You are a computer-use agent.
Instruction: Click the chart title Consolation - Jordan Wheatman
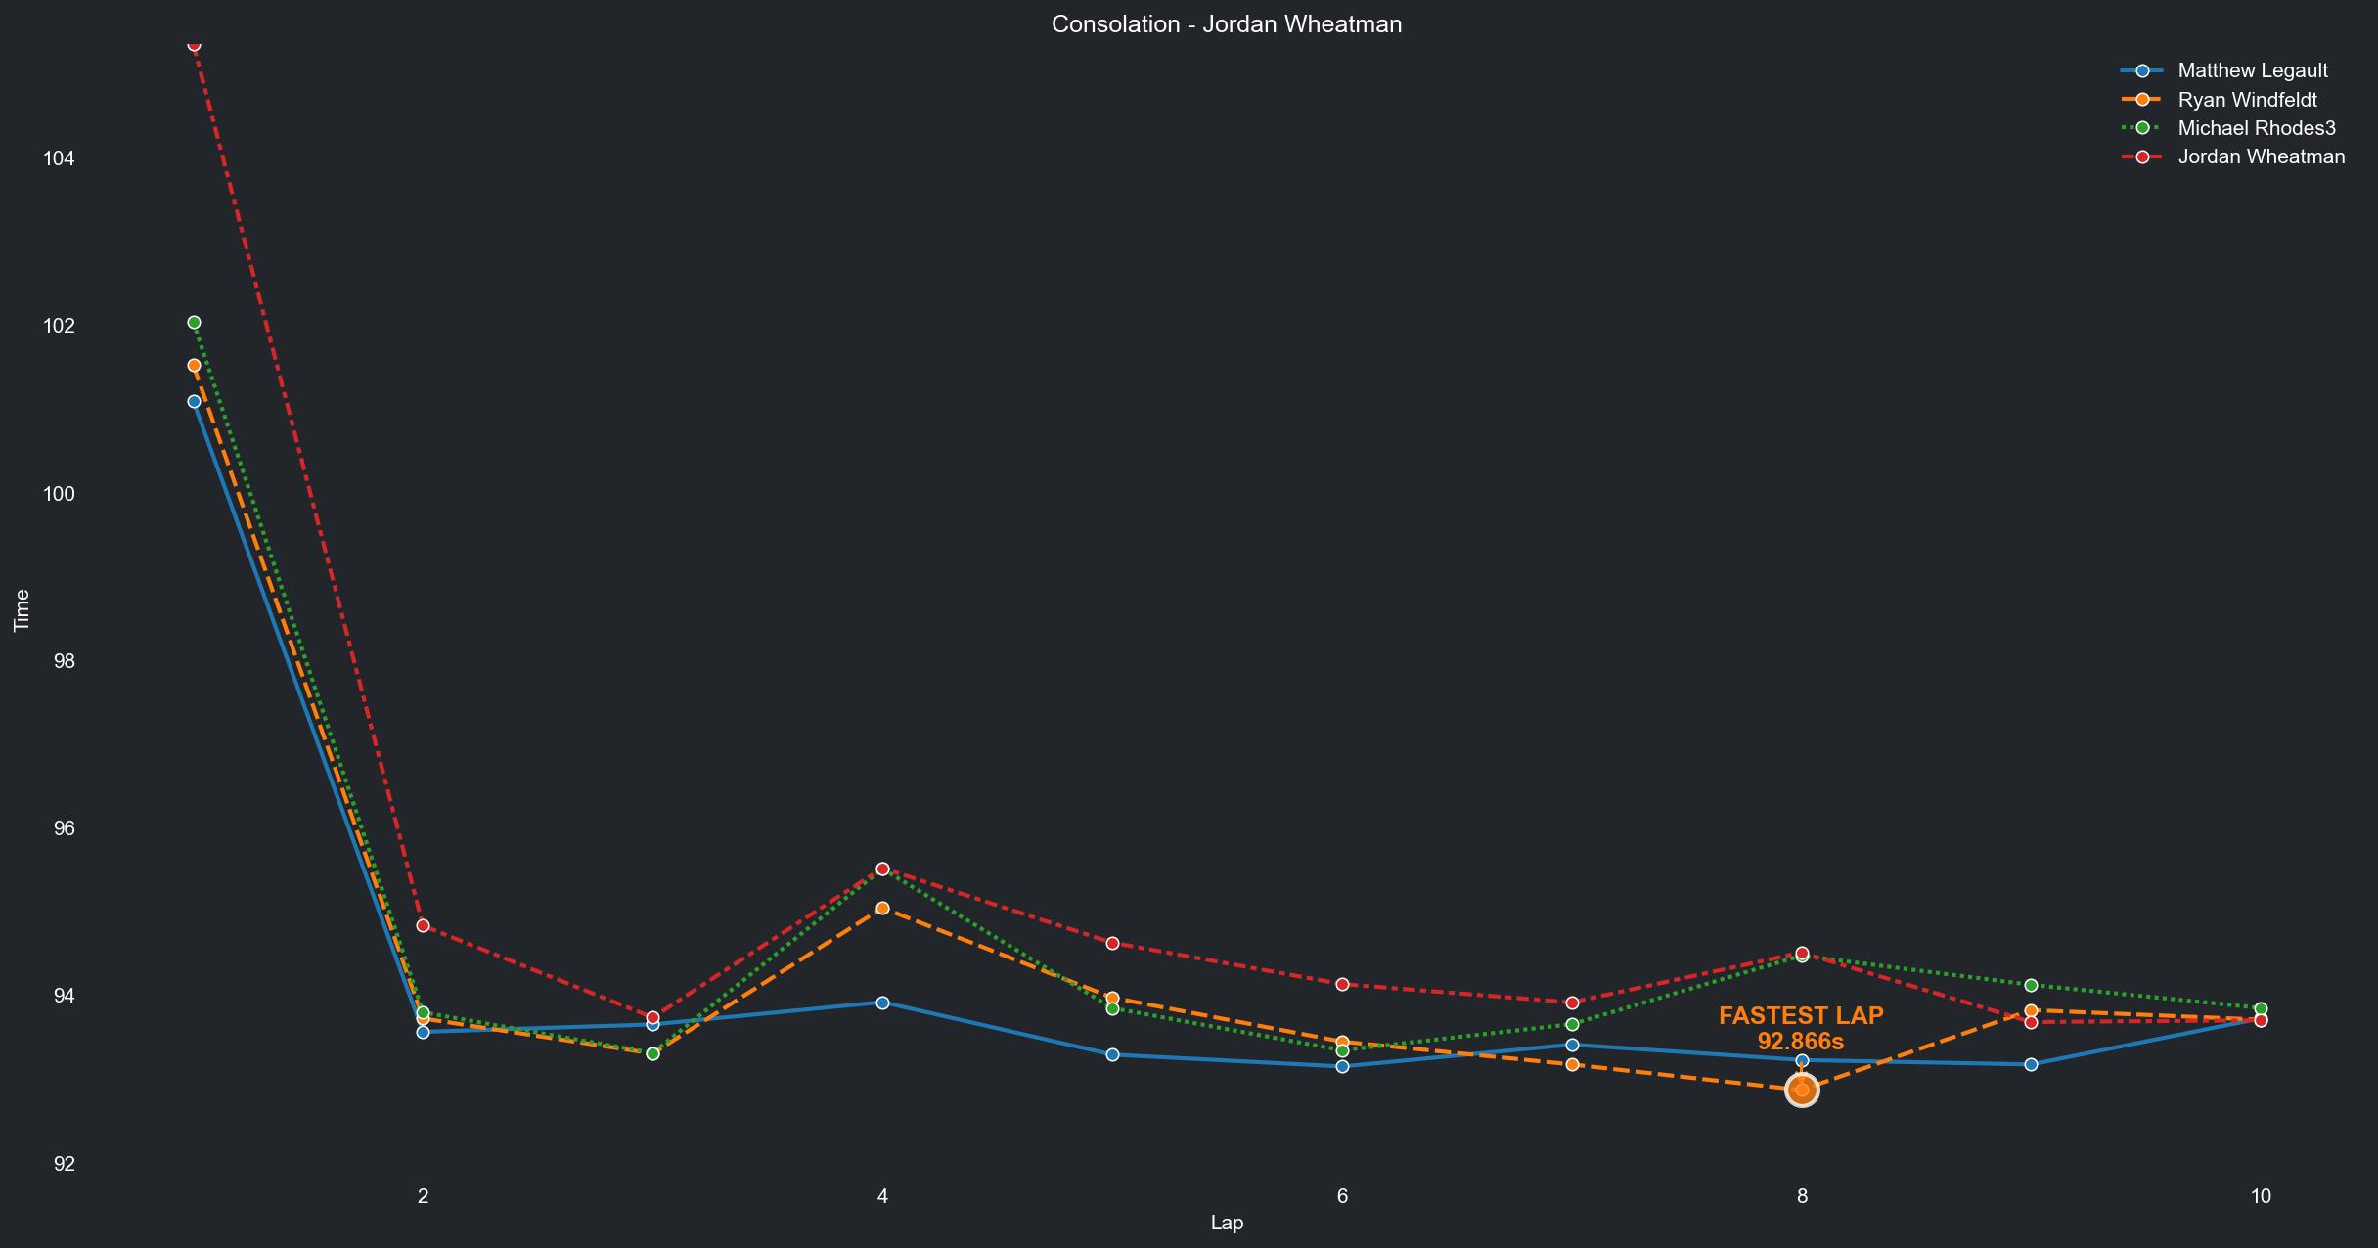(x=1227, y=24)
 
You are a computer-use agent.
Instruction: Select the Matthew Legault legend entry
(x=2252, y=70)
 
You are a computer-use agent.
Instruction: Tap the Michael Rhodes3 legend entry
(x=2256, y=128)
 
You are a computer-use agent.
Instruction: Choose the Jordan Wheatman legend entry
(x=2261, y=156)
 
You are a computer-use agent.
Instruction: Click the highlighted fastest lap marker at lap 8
(x=1802, y=1090)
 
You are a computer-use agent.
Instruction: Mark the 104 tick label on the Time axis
(x=59, y=158)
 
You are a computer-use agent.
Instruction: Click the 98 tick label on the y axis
(x=64, y=661)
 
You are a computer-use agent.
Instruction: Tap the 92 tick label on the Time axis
(x=64, y=1164)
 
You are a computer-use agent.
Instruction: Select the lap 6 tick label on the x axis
(x=1342, y=1195)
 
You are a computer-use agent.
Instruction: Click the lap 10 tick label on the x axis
(x=2261, y=1195)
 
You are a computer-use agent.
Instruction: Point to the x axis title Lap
(x=1227, y=1223)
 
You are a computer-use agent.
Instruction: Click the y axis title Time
(x=22, y=610)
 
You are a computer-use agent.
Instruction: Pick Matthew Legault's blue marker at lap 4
(x=882, y=1003)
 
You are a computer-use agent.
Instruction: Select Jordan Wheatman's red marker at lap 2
(x=423, y=925)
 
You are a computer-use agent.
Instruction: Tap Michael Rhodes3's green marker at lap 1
(x=194, y=323)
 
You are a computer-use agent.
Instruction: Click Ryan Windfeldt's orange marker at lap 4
(x=882, y=909)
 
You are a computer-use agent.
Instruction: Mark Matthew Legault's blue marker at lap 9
(x=2031, y=1064)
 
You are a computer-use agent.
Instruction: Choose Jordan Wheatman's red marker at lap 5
(x=1112, y=943)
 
